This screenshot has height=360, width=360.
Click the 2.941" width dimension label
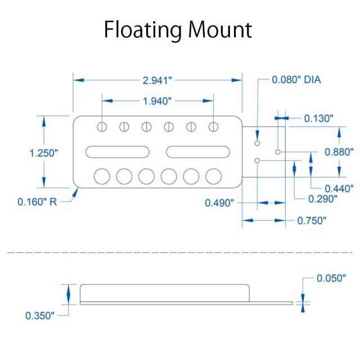click(156, 80)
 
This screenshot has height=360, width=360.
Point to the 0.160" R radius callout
click(38, 201)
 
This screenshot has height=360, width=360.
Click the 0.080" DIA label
click(296, 80)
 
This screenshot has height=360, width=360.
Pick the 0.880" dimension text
click(339, 152)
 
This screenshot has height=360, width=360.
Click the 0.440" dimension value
click(339, 188)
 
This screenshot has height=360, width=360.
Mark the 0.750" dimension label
click(312, 220)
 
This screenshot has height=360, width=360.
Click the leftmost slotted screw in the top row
click(102, 127)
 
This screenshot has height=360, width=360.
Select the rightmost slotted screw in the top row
click(213, 127)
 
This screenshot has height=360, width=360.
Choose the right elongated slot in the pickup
click(197, 151)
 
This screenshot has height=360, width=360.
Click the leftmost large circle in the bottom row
click(102, 177)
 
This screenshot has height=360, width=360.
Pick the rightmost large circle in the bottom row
click(213, 177)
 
